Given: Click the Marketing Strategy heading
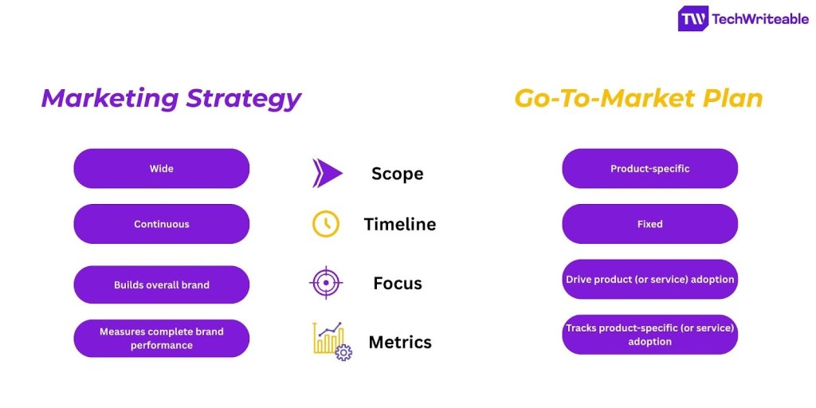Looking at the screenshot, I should tap(171, 98).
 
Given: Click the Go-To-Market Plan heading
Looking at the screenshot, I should tap(638, 98).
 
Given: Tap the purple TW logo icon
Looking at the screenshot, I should tap(692, 19).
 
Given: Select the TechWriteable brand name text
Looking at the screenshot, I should tap(759, 19).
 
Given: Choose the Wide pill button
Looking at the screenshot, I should tap(161, 168).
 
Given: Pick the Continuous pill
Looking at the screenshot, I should tap(161, 224).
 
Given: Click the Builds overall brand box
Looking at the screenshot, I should tap(161, 284).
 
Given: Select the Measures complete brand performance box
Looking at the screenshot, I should tap(161, 338).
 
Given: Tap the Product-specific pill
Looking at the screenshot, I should tap(649, 168).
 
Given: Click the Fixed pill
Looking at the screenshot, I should tap(649, 224).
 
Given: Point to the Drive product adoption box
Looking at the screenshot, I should tap(649, 280).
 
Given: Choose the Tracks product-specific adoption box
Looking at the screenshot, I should tap(649, 335).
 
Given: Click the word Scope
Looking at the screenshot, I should tap(397, 174).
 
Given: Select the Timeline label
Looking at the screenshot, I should tap(399, 225).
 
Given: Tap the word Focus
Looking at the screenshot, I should tap(397, 283).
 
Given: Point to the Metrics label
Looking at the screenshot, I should tap(399, 343).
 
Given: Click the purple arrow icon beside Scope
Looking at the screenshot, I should tap(327, 173).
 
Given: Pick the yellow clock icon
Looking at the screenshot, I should tap(325, 224).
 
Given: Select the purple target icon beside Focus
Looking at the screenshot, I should tap(326, 282).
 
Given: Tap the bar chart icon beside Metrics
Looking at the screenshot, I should tap(331, 341).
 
